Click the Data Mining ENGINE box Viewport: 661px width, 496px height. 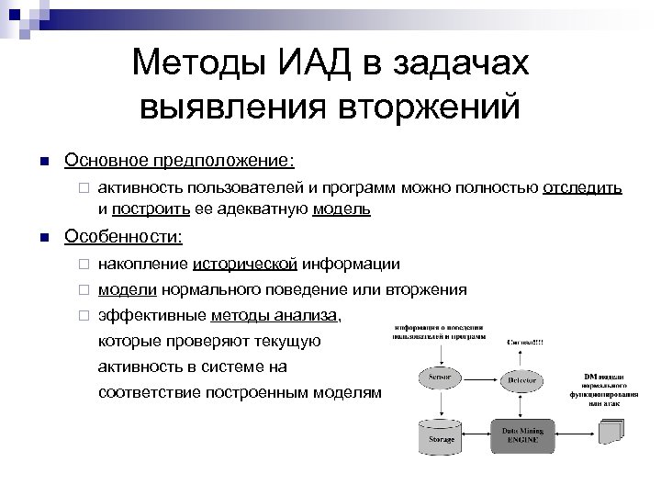(x=521, y=434)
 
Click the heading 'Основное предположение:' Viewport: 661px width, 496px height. (x=179, y=161)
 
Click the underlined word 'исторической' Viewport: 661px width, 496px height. (x=244, y=265)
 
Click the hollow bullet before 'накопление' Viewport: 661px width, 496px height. (x=82, y=265)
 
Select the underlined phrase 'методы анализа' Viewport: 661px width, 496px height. (x=274, y=315)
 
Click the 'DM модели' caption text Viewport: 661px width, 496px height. (x=609, y=377)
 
